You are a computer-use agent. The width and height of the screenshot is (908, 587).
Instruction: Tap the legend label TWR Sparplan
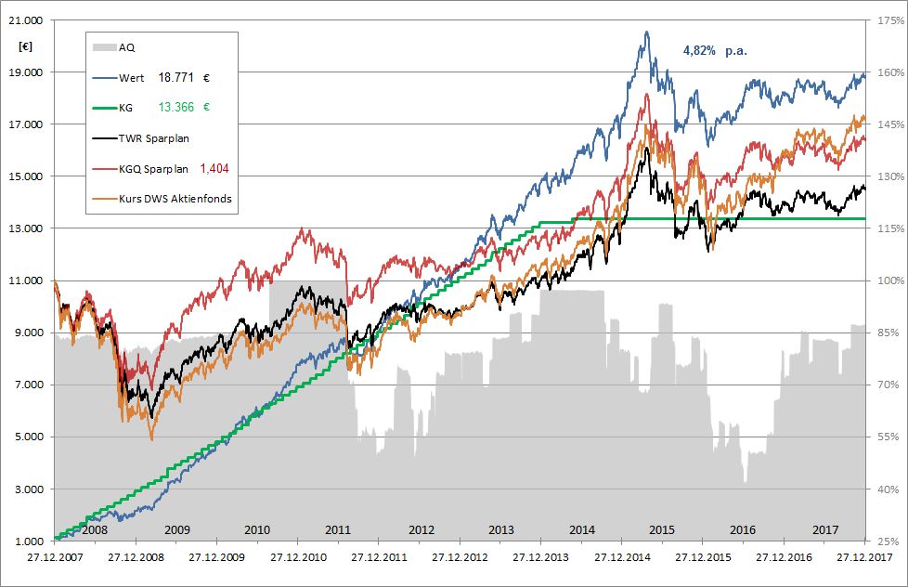pos(153,138)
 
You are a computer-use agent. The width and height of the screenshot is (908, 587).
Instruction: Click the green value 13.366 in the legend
pos(177,108)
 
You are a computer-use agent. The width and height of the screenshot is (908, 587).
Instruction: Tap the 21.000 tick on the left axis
pos(28,20)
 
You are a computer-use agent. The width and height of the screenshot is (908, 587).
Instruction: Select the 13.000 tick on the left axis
pos(28,228)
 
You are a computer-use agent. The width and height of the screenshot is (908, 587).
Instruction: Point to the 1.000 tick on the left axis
pos(31,541)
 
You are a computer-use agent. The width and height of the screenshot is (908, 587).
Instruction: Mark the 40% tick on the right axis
pos(883,489)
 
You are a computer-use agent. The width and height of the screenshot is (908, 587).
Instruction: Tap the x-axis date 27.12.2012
pos(460,558)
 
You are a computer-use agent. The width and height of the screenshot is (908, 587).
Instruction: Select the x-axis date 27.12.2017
pos(864,558)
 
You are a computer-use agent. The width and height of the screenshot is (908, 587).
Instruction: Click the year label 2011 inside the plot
pos(339,529)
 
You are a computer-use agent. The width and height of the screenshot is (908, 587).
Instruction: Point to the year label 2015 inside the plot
pos(662,529)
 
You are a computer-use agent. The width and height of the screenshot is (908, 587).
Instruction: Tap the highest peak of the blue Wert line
pos(646,32)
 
